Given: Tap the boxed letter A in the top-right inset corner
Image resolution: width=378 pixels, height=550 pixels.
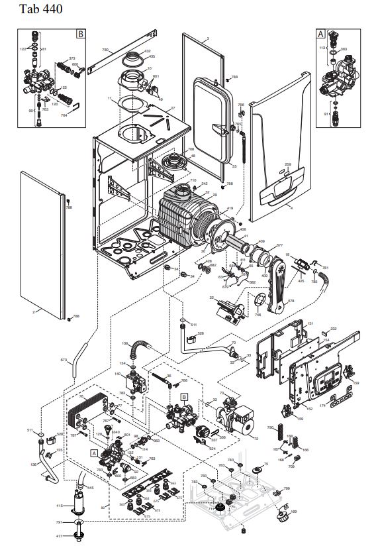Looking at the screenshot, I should [x=320, y=32].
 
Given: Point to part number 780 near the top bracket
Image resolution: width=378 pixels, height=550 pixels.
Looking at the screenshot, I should [x=105, y=50].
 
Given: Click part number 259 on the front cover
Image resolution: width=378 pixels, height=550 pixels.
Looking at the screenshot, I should [x=287, y=164].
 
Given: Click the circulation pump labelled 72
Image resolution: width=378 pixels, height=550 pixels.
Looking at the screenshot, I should [x=234, y=415].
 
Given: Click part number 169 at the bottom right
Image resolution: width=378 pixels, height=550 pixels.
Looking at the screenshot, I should [x=294, y=512].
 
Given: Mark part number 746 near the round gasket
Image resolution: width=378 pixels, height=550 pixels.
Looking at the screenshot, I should [x=258, y=315].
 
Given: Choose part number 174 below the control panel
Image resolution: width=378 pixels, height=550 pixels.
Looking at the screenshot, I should [x=323, y=404].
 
